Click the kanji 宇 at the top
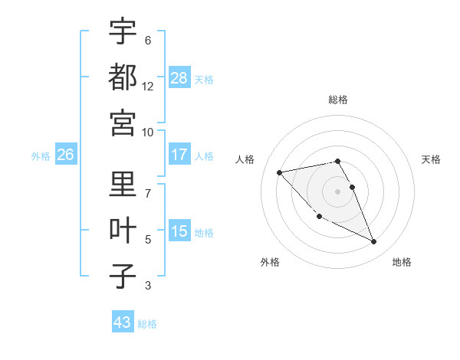click(123, 31)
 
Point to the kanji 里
click(123, 185)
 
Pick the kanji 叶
click(123, 230)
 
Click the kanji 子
click(123, 276)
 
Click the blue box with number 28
click(179, 78)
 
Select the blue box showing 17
click(179, 155)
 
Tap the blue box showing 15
click(179, 231)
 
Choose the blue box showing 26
click(66, 155)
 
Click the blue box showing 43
click(123, 322)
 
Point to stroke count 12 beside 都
click(148, 87)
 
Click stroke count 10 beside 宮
click(148, 132)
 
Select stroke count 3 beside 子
click(148, 286)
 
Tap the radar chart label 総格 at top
click(337, 100)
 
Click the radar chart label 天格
click(431, 159)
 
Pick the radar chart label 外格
click(269, 262)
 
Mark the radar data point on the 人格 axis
click(279, 172)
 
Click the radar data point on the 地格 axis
click(374, 242)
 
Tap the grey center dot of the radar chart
click(337, 191)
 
